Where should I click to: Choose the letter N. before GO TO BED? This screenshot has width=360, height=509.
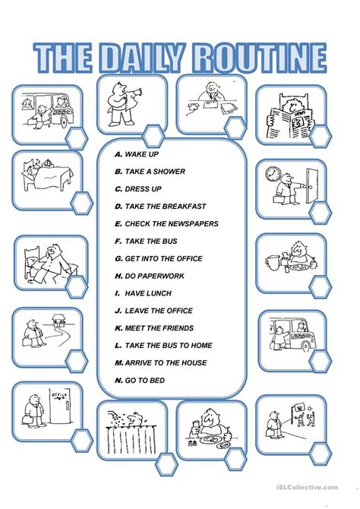point(118,380)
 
